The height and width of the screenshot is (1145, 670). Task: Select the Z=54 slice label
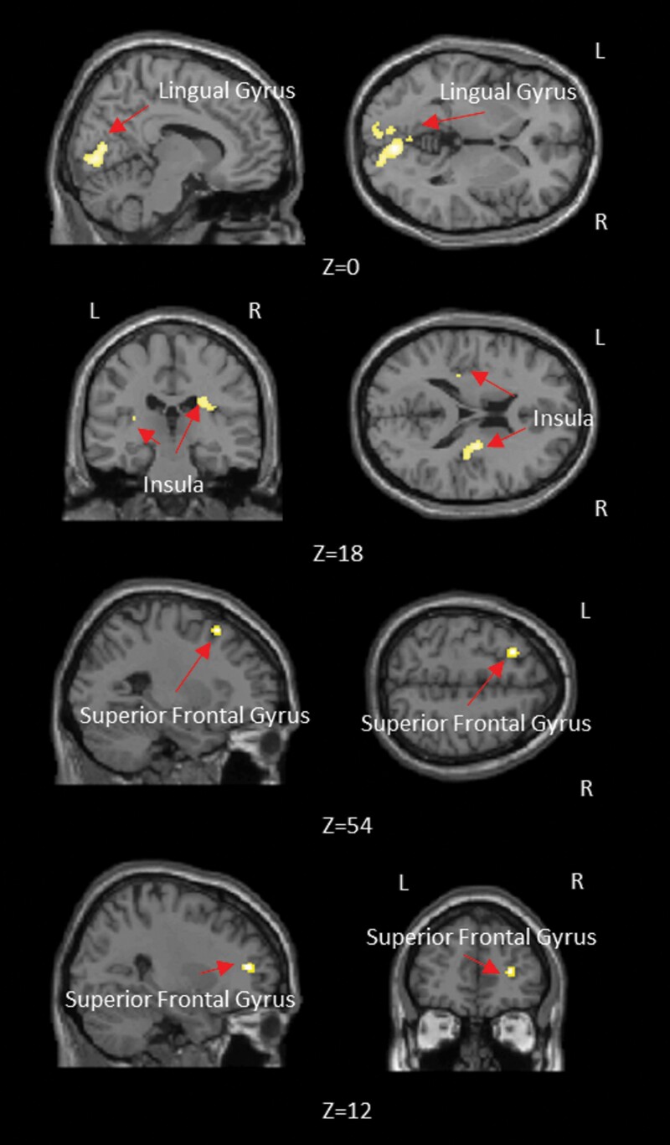347,826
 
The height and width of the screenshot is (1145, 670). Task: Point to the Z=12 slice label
347,1111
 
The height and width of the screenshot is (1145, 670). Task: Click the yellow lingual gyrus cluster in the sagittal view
97,155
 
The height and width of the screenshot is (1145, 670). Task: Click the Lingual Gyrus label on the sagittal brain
227,90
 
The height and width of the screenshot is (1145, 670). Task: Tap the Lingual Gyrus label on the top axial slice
508,91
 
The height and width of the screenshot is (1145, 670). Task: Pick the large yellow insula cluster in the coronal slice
205,405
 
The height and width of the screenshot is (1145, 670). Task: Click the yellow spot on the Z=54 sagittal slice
216,631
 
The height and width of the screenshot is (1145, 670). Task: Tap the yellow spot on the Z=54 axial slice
513,652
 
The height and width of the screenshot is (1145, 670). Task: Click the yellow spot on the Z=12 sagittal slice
248,967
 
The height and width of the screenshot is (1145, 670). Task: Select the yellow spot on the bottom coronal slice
509,972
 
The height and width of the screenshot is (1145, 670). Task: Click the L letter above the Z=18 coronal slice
95,312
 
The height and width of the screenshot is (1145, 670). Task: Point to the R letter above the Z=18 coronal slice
255,312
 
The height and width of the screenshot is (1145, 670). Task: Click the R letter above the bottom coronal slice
577,881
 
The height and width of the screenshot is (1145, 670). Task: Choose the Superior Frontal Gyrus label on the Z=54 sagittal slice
194,715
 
